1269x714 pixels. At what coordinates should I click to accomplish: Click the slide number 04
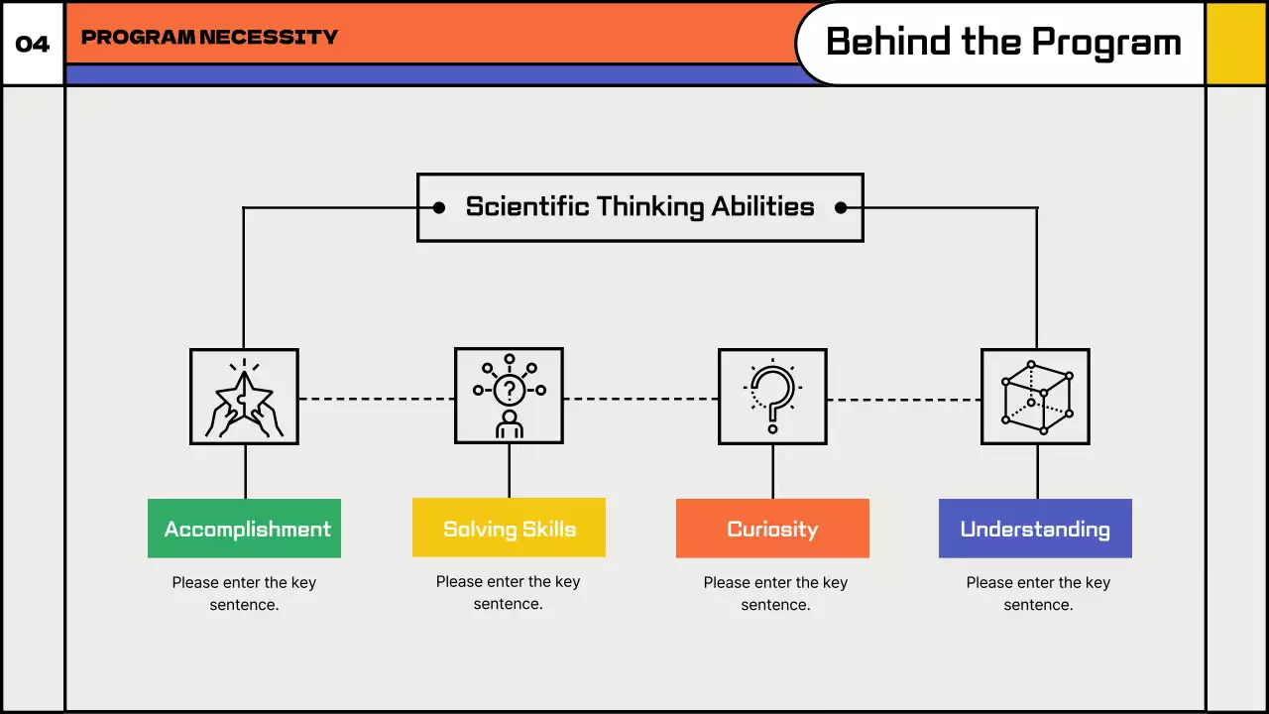[x=33, y=45]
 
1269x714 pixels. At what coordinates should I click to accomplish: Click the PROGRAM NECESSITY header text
[x=209, y=38]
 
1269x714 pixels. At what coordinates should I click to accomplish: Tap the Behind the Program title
[x=1003, y=43]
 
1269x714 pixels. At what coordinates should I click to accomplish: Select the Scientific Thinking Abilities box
[x=639, y=207]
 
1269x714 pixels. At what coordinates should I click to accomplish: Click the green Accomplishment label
[x=244, y=529]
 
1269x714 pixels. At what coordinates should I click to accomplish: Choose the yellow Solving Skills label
[x=509, y=528]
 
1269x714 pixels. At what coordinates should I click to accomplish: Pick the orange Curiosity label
[x=772, y=529]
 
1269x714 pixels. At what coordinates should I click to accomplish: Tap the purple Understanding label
[x=1035, y=529]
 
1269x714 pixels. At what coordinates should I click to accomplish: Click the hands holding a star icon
[x=244, y=397]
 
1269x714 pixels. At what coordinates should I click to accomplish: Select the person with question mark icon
[x=509, y=397]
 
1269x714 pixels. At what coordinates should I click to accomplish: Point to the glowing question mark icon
[x=772, y=397]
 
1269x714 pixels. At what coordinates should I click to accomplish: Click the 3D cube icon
[x=1035, y=397]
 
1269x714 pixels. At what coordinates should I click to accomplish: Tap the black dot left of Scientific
[x=438, y=207]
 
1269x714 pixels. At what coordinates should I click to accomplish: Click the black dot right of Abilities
[x=841, y=207]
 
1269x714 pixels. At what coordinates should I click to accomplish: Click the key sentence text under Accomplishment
[x=244, y=593]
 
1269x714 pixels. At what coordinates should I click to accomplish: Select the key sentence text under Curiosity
[x=775, y=593]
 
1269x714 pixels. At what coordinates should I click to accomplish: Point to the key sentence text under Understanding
[x=1038, y=593]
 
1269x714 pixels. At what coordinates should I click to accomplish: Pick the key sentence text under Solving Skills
[x=508, y=592]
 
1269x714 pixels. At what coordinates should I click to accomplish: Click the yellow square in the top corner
[x=1236, y=44]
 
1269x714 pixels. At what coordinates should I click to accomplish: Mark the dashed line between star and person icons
[x=377, y=399]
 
